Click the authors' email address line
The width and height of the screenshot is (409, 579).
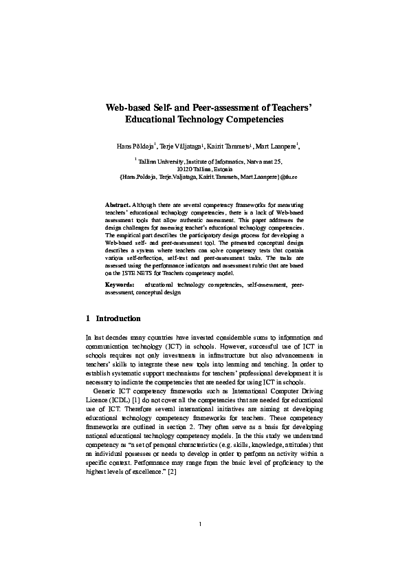click(x=204, y=177)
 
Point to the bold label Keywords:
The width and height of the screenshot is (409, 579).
click(x=120, y=284)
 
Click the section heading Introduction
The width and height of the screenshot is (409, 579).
click(x=118, y=319)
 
